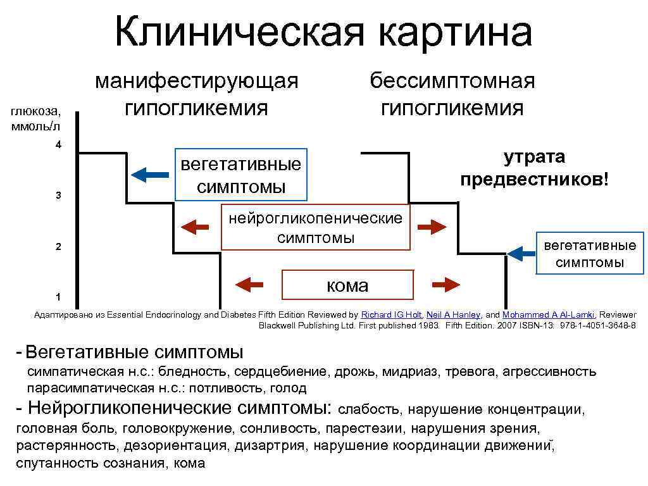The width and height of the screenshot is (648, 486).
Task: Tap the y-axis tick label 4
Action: point(58,146)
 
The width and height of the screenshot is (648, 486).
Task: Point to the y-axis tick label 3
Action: point(58,196)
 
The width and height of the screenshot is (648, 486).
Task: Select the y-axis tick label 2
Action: point(58,247)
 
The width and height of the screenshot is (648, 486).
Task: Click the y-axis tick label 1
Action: point(58,297)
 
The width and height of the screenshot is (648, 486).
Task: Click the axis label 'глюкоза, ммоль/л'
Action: point(37,118)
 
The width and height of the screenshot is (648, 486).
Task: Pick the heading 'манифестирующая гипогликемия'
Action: point(196,94)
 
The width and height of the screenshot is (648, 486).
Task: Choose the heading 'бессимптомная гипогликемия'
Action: point(452,94)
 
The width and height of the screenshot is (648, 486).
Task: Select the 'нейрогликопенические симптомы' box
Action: point(315,227)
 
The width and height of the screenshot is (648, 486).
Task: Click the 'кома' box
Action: point(347,285)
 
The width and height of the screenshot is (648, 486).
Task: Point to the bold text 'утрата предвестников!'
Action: point(535,168)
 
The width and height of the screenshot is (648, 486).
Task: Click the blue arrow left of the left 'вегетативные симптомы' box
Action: point(150,174)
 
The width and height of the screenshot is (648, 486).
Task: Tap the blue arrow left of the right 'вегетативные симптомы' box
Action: point(521,254)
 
